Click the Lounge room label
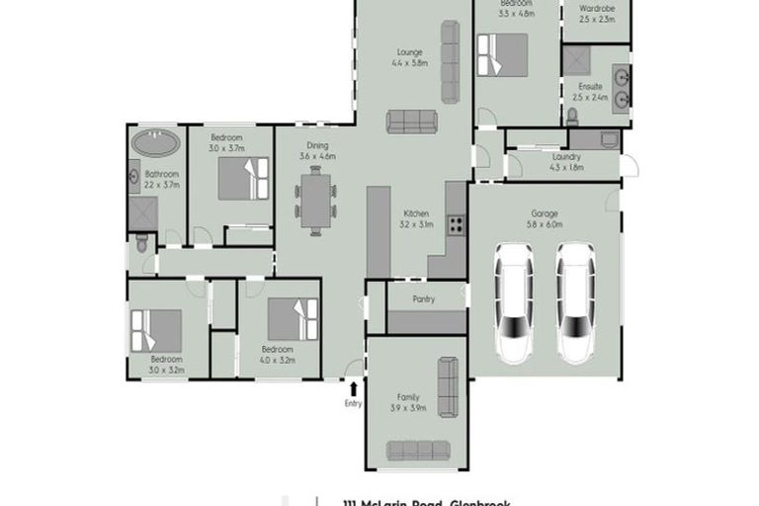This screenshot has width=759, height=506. [410, 51]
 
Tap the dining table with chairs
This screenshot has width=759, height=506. [315, 201]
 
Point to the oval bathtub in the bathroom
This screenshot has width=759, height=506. [156, 142]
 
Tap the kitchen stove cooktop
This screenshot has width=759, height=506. [456, 224]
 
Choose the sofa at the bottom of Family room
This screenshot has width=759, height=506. [418, 451]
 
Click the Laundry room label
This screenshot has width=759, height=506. [565, 157]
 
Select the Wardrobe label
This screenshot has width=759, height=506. [596, 8]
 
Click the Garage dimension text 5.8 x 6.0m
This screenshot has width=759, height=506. [545, 225]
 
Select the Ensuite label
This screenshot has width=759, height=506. [590, 87]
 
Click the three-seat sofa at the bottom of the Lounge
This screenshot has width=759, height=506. [412, 122]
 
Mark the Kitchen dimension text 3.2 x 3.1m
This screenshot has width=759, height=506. [413, 225]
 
